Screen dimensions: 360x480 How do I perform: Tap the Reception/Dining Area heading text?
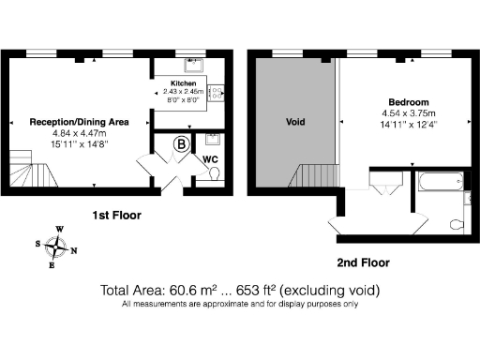coord(80,121)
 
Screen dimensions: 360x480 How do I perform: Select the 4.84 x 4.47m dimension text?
coord(80,133)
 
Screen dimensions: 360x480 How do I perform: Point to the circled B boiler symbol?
coord(182,144)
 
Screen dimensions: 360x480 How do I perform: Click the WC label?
coord(211,160)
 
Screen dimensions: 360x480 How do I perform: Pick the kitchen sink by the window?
coord(195,67)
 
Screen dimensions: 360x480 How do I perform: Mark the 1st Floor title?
coord(116,215)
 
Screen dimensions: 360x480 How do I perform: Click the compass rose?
coord(60,247)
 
